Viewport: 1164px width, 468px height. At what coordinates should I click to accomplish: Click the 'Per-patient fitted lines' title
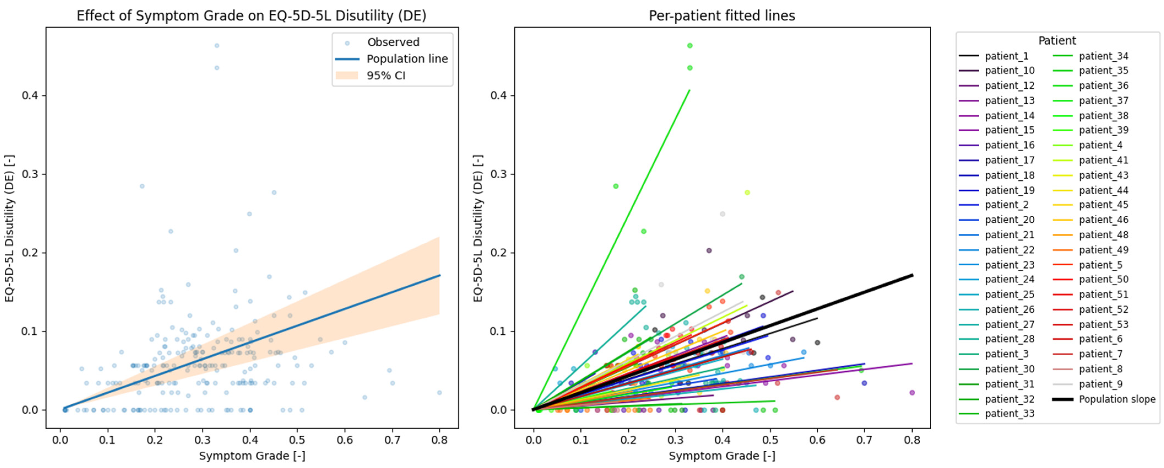tap(722, 16)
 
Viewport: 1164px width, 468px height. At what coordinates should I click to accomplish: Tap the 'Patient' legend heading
tap(1057, 41)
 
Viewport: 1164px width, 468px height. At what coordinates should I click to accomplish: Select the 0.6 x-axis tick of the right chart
tap(817, 440)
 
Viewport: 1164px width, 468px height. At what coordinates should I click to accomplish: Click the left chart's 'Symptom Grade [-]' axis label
tap(252, 456)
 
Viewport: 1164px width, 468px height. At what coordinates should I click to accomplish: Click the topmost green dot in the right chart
tap(690, 46)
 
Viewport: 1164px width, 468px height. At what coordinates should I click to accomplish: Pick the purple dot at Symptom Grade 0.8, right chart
tap(912, 393)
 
